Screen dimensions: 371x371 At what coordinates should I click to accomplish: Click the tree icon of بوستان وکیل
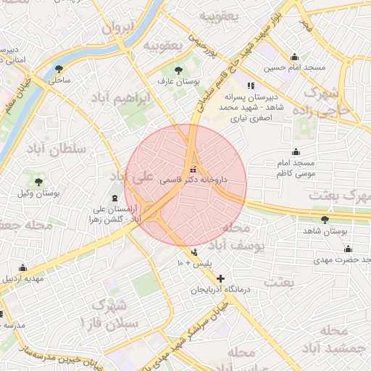click(x=38, y=182)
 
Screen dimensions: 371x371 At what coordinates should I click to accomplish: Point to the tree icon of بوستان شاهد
click(x=324, y=219)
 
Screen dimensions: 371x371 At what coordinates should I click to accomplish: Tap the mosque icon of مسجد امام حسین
click(x=294, y=57)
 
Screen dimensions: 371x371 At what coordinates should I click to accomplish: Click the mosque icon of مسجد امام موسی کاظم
click(x=296, y=152)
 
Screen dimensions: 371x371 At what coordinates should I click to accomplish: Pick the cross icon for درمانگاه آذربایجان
click(x=220, y=278)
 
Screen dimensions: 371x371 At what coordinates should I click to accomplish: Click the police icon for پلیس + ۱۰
click(x=194, y=252)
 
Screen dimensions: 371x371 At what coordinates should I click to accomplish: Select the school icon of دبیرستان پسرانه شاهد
click(x=251, y=86)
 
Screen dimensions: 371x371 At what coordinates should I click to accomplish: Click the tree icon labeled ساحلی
click(x=59, y=70)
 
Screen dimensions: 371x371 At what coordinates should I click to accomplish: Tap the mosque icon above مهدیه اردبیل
click(x=22, y=267)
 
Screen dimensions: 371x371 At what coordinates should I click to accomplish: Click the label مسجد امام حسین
click(x=290, y=68)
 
